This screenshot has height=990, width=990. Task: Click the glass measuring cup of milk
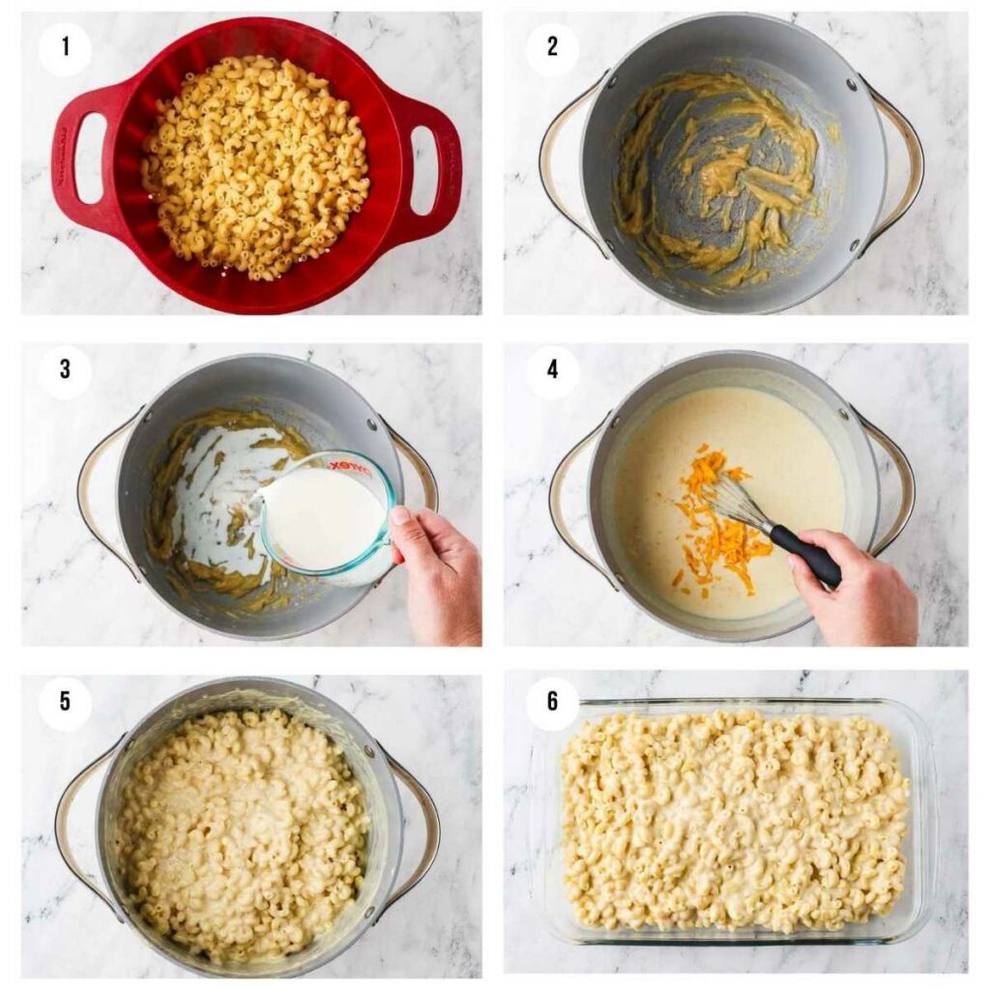coord(324,517)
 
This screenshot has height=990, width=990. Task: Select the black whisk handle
coord(804,555)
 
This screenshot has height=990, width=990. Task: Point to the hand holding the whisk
coord(856,590)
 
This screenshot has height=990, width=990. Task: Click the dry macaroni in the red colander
coord(256,164)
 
